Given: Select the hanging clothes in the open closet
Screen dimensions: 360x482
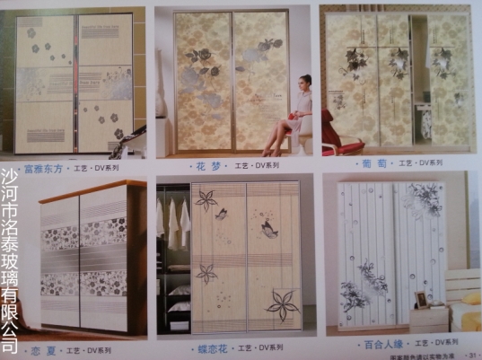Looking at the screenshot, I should [x=172, y=220].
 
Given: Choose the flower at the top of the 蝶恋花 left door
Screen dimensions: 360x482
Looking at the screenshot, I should [x=206, y=199].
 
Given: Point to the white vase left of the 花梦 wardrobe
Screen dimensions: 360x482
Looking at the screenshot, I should [x=162, y=99].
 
